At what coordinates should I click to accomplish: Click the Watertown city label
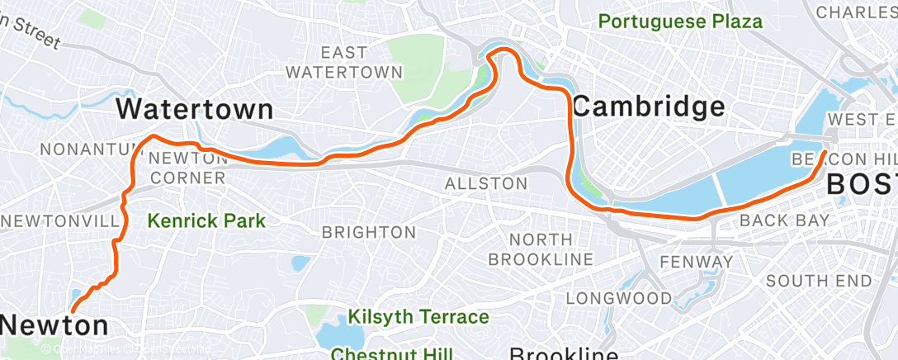point(194,108)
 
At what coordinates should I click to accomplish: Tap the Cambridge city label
point(648,106)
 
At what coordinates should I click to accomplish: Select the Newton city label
point(54,325)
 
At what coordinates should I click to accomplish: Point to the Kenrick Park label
point(206,220)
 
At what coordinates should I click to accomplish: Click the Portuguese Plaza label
point(680,21)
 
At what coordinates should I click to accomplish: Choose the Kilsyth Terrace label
point(418,316)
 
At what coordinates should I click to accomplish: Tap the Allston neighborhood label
point(485,183)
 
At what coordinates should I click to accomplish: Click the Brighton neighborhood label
point(369,232)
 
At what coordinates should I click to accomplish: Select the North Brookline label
point(541,249)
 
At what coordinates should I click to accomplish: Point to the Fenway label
point(696,263)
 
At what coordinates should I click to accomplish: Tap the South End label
point(818,281)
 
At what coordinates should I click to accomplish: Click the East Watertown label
point(344,63)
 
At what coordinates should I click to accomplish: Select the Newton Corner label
point(187,168)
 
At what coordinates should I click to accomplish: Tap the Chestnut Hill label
point(392,354)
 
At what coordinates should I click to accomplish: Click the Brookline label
point(563,354)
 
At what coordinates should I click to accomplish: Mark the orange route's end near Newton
point(73,310)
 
